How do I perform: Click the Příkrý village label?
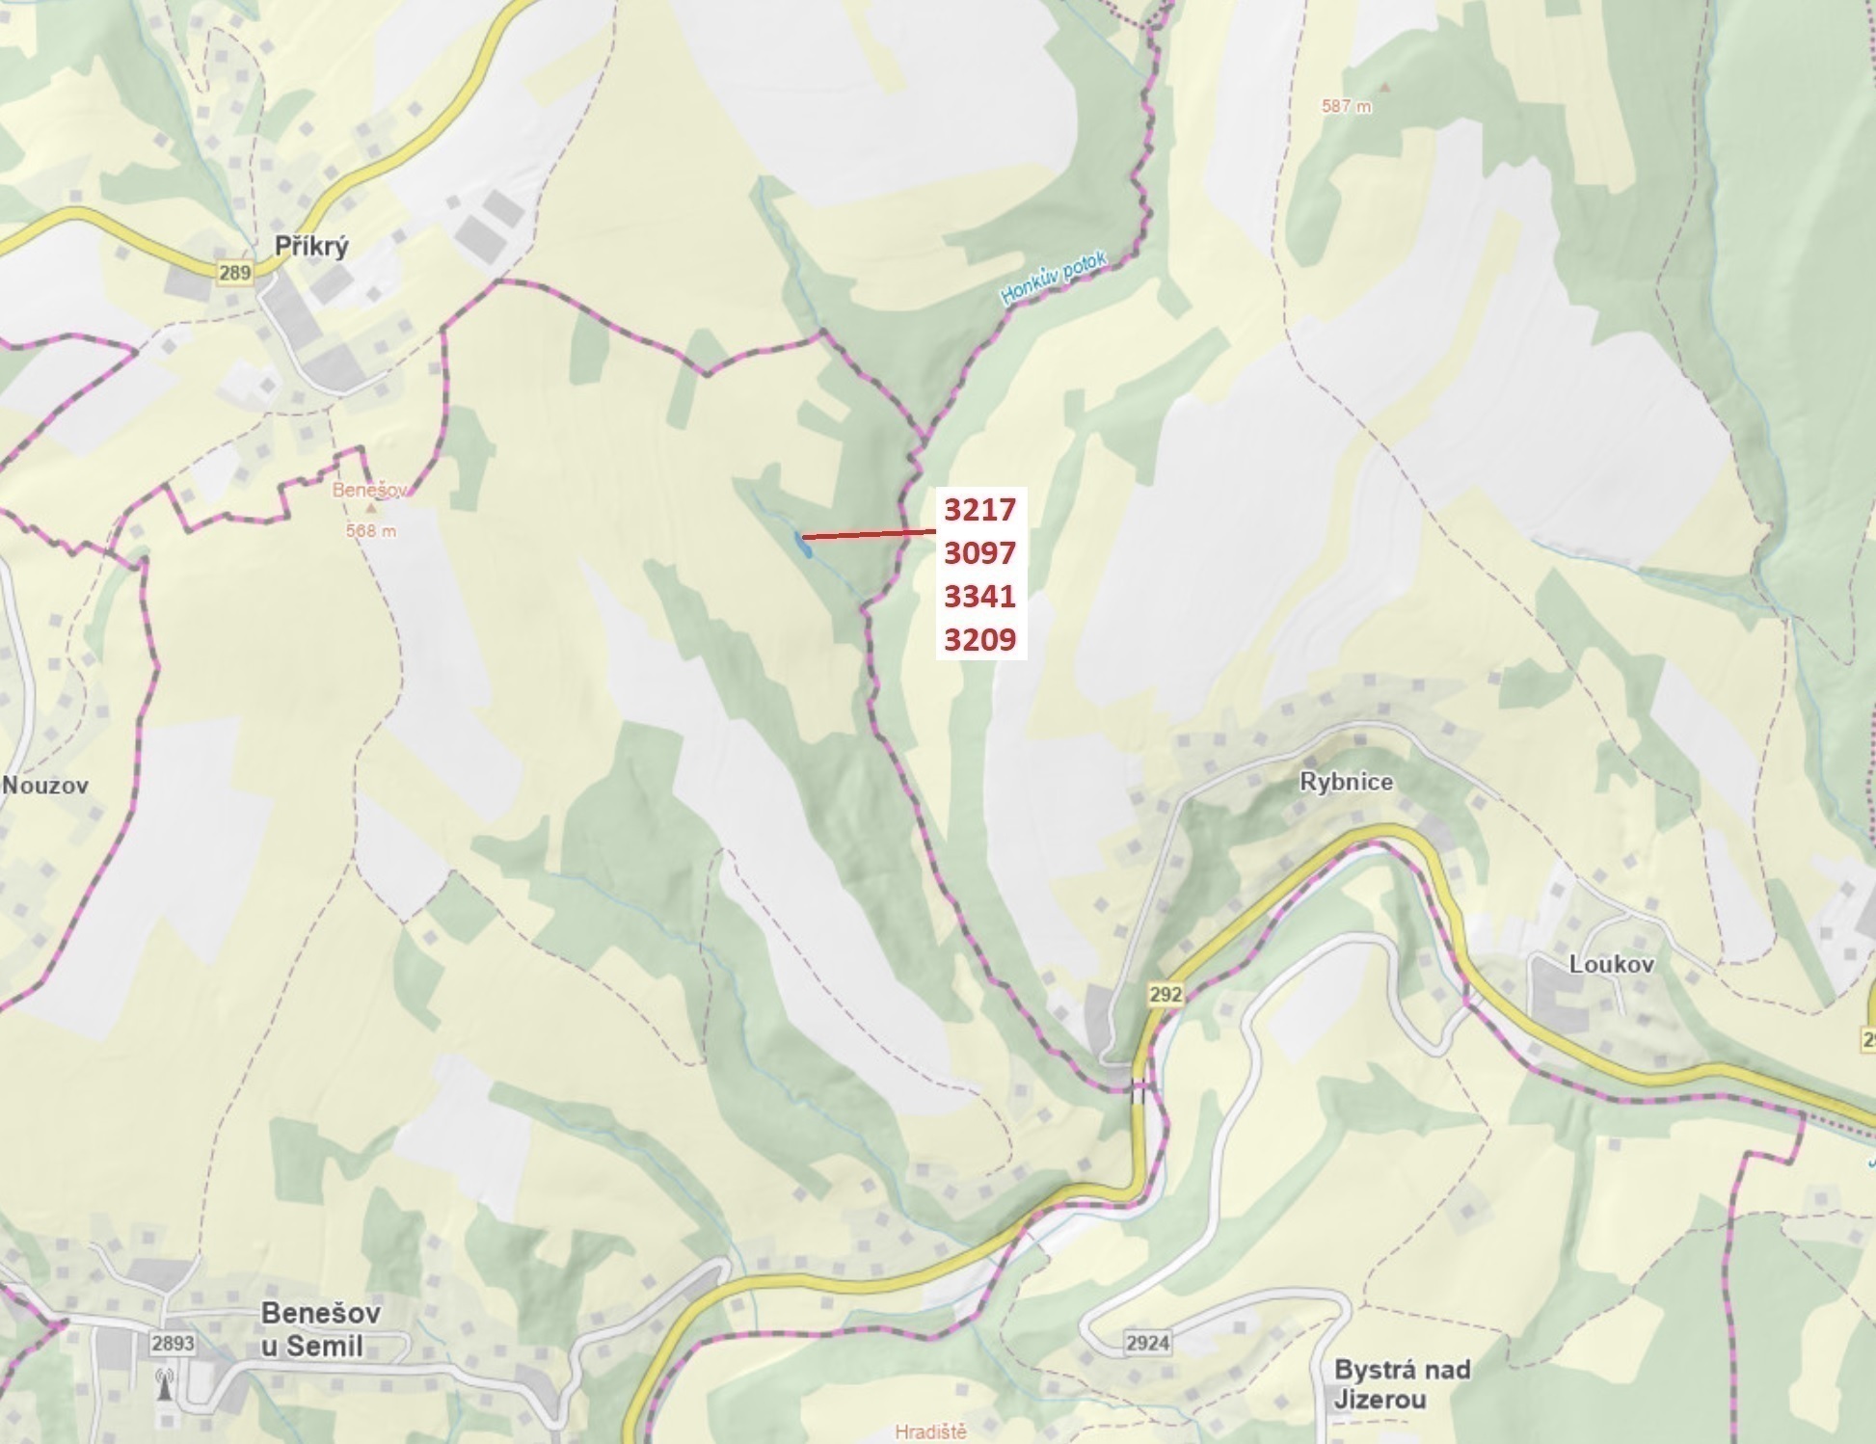(x=310, y=246)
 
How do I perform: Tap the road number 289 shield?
(x=234, y=273)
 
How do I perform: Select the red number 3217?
(x=979, y=509)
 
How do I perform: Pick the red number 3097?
(x=979, y=553)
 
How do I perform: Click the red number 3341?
(x=979, y=597)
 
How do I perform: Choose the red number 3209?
(x=979, y=640)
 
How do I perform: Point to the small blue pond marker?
(x=802, y=546)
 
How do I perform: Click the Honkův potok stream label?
(x=1055, y=279)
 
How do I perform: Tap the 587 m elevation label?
(x=1346, y=106)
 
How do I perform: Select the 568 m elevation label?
(x=371, y=530)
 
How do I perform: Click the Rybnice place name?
(x=1346, y=782)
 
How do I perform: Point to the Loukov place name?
(x=1611, y=964)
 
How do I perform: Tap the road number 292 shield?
(x=1165, y=995)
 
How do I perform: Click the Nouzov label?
(x=45, y=785)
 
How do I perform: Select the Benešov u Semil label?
(x=321, y=1328)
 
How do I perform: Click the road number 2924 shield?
(x=1147, y=1342)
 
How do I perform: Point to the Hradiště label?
(x=930, y=1431)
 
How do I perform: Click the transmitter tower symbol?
(x=164, y=1385)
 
